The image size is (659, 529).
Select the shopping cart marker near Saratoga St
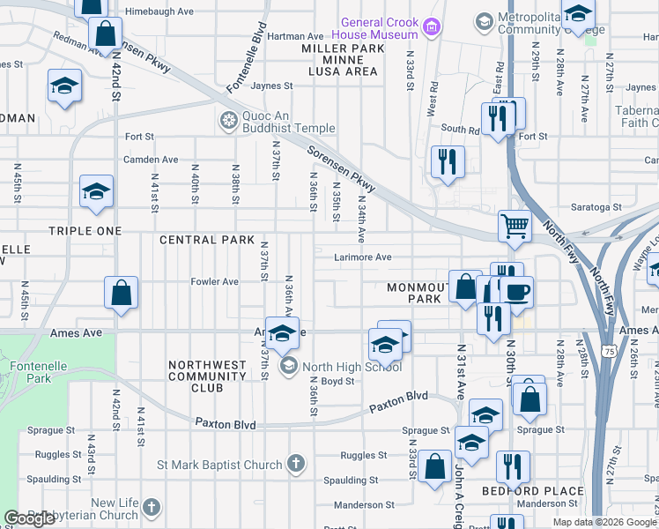click(515, 226)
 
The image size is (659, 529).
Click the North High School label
click(352, 367)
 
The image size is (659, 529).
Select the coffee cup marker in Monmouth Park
click(516, 292)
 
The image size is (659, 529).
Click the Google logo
click(30, 518)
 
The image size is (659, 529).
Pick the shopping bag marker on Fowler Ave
click(122, 294)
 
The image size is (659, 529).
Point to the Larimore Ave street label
click(362, 257)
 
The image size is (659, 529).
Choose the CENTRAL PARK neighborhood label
click(201, 240)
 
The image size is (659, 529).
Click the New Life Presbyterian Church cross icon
click(152, 507)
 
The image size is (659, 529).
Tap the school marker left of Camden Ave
click(96, 193)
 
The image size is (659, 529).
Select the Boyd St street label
click(337, 382)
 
